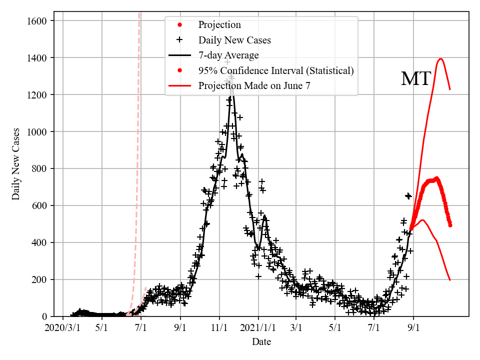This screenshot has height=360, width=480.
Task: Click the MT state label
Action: click(x=415, y=79)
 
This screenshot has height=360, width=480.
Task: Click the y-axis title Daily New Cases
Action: click(x=16, y=163)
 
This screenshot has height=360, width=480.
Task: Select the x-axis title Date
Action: click(x=261, y=342)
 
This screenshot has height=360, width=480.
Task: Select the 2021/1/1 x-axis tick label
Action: click(x=258, y=328)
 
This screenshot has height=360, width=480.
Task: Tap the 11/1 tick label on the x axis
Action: click(x=219, y=328)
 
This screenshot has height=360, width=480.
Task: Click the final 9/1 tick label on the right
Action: click(x=413, y=328)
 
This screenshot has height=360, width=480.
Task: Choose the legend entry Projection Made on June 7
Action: click(x=254, y=85)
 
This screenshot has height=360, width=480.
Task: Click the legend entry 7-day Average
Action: click(x=228, y=55)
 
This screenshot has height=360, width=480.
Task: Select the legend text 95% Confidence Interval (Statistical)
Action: click(x=276, y=70)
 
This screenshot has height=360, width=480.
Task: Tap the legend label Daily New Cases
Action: click(x=234, y=40)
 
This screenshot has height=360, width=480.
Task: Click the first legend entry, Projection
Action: click(x=219, y=25)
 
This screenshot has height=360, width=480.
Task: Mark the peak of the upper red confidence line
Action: click(x=440, y=59)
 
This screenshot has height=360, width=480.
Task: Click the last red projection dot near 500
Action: click(x=450, y=225)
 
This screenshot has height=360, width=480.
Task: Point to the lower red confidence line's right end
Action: click(x=450, y=280)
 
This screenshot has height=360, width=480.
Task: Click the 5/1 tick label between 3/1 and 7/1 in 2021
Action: click(x=335, y=328)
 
